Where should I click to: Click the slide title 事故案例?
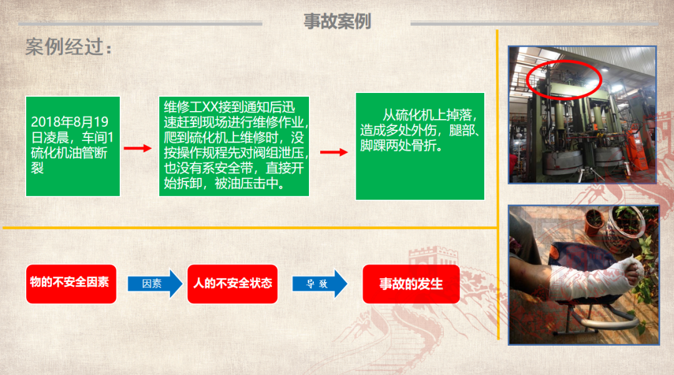pyautogui.click(x=337, y=21)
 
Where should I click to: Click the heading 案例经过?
pyautogui.click(x=69, y=46)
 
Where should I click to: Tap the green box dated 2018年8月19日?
pyautogui.click(x=72, y=146)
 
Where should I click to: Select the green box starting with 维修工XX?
pyautogui.click(x=234, y=146)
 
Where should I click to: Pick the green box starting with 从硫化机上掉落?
pyautogui.click(x=420, y=146)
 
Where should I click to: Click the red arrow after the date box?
pyautogui.click(x=137, y=149)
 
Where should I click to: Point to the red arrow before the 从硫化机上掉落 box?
pyautogui.click(x=334, y=152)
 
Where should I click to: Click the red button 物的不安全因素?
pyautogui.click(x=71, y=284)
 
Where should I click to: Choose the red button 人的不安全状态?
pyautogui.click(x=233, y=284)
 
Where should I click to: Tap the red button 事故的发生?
pyautogui.click(x=411, y=284)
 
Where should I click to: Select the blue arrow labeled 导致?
pyautogui.click(x=320, y=283)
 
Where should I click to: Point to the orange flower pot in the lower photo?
pyautogui.click(x=593, y=222)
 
